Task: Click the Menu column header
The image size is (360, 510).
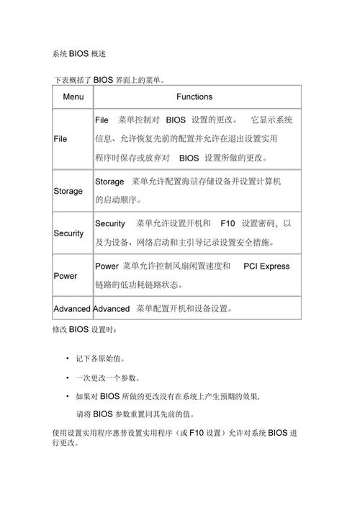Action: point(73,97)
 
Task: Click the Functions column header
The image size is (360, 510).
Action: point(194,97)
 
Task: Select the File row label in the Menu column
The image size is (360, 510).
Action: point(60,139)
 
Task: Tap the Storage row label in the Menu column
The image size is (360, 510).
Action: point(68,192)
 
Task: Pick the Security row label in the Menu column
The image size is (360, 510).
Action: point(68,234)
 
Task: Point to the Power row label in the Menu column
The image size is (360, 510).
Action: point(66,277)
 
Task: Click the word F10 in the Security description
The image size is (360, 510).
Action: point(228,224)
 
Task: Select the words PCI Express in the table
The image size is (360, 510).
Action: point(266,267)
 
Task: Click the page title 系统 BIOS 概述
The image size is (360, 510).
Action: point(80,55)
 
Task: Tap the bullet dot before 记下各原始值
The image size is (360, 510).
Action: point(67,358)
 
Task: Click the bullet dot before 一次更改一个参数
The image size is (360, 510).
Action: point(67,377)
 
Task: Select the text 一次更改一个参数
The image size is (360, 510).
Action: point(107,377)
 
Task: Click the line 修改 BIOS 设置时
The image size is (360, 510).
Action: point(83,330)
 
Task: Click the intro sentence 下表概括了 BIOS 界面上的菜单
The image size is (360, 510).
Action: point(112,79)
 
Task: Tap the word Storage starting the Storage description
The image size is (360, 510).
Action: point(109,182)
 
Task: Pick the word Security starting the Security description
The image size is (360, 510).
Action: point(109,224)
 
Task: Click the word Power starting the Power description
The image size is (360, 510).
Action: point(107,267)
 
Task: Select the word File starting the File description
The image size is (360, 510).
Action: point(102,120)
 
